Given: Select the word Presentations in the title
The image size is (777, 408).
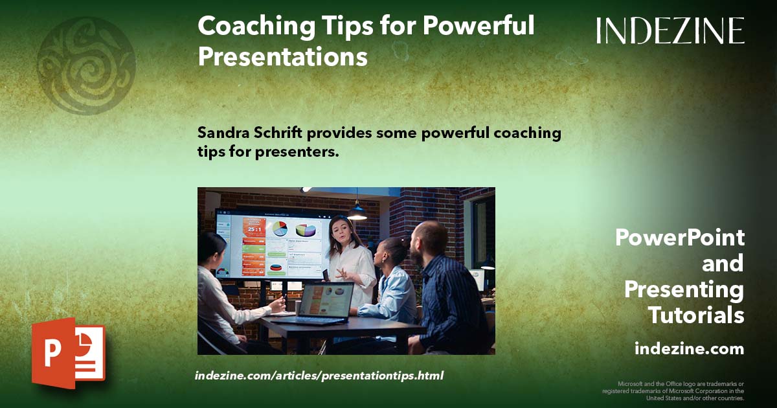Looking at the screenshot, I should pos(282,56).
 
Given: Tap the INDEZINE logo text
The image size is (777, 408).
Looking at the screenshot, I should pos(670,31).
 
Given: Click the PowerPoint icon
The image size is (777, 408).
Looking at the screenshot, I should pos(68,353).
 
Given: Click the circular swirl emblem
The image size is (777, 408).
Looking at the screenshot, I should pos(86,65).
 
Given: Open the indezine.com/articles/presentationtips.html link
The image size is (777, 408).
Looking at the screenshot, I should pos(319,376).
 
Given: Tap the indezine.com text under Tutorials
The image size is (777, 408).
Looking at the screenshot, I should pos(689,348).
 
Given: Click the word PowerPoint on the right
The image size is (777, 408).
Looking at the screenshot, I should pos(679,238).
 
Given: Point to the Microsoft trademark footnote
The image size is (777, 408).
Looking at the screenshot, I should pos(673,391).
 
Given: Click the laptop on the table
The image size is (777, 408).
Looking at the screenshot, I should pos(322,303).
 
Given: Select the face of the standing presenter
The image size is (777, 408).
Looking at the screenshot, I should pos(341,230).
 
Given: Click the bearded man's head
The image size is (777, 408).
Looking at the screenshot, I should pos(429,238).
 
